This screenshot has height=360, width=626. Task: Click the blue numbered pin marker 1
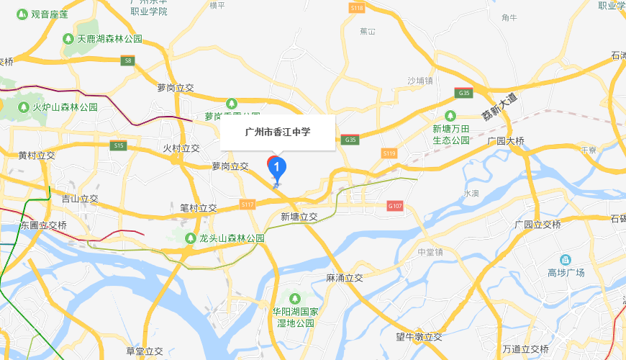[277, 167]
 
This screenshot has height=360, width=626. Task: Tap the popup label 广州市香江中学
[278, 132]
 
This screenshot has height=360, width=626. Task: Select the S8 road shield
[128, 61]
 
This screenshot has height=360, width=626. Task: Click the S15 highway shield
[119, 145]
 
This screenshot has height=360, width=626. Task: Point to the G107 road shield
[394, 205]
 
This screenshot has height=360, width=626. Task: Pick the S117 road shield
[248, 205]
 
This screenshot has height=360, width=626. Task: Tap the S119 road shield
[389, 153]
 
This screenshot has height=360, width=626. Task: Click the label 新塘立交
[299, 217]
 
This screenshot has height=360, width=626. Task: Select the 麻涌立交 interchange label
[345, 277]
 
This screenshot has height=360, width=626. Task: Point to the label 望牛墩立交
[419, 337]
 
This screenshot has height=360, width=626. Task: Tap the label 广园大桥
[506, 141]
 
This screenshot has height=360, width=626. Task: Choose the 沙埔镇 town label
[420, 81]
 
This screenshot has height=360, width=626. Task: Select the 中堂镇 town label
[431, 252]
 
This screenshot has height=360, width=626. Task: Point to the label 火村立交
[181, 148]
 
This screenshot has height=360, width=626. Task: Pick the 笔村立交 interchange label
[198, 208]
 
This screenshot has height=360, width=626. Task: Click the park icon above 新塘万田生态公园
[450, 115]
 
